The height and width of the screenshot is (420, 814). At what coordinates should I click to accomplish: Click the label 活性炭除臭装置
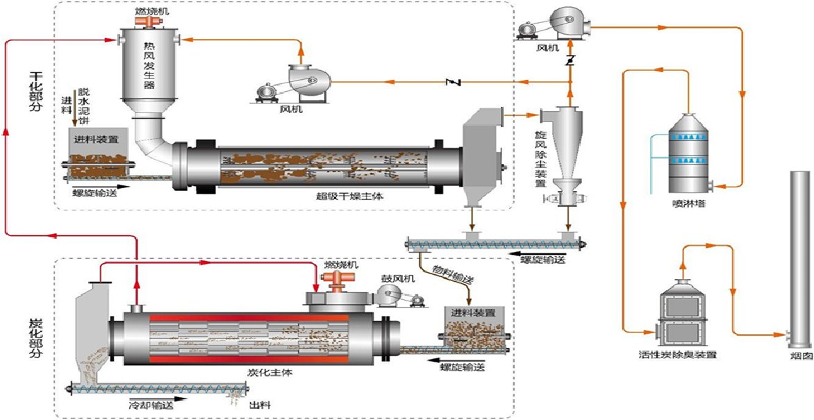(687, 355)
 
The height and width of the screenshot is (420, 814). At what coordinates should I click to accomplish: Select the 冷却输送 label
(151, 404)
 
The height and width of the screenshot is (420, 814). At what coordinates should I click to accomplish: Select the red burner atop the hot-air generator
(147, 22)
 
